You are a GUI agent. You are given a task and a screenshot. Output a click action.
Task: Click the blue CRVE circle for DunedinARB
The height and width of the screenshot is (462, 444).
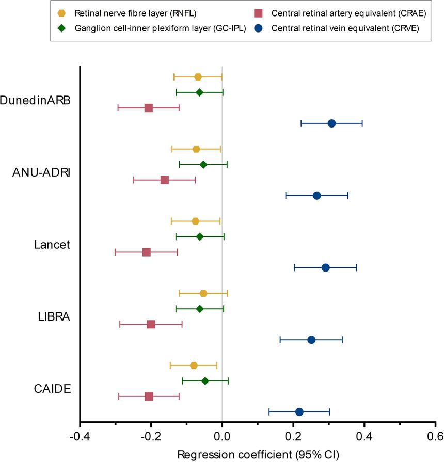coord(331,123)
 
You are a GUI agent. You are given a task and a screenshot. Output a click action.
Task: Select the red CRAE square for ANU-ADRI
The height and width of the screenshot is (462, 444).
coord(165,180)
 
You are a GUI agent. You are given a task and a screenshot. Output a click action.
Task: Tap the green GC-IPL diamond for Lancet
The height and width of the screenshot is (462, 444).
coord(200,237)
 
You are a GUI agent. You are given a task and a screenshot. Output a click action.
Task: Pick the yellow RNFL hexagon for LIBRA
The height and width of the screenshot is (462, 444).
coord(203,293)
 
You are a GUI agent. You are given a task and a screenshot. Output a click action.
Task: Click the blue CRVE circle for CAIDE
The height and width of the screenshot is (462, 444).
coord(299,412)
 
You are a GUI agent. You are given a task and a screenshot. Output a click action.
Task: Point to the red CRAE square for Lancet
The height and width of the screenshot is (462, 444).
coord(147,252)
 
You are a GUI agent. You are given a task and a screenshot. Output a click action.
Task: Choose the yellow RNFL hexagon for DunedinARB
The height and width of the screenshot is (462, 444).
coord(198,77)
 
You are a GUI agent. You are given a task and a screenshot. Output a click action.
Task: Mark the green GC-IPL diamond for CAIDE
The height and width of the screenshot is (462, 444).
coord(205,381)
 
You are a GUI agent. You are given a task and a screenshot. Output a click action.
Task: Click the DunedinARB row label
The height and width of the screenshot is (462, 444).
coord(36,100)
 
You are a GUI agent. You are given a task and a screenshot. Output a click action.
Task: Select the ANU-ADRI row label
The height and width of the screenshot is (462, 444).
coord(41,172)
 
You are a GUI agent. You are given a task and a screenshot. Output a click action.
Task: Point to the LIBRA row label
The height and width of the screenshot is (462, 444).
coord(55,316)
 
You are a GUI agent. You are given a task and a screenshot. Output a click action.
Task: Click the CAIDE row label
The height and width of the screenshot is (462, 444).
coord(53,389)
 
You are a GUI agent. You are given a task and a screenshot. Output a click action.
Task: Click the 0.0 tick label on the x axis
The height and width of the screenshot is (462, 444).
coord(222,436)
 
